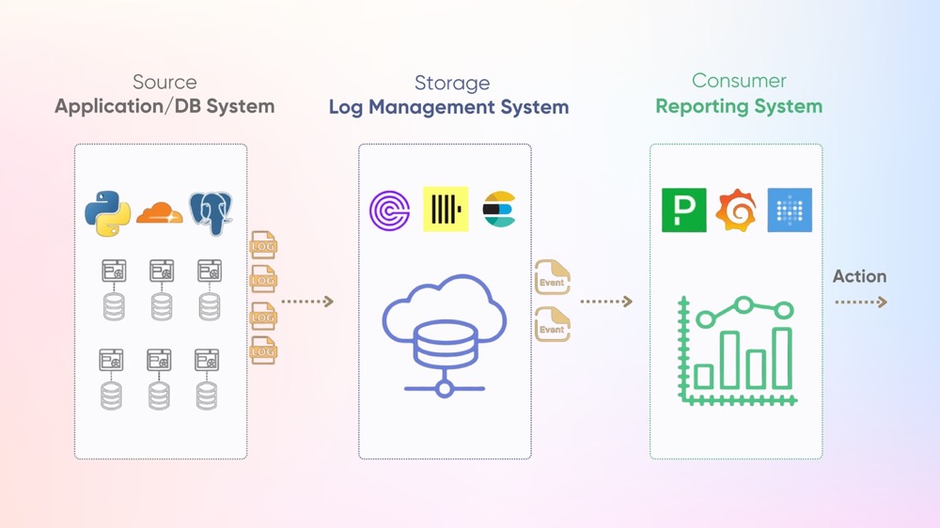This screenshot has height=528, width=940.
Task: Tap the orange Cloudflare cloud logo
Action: pyautogui.click(x=159, y=213)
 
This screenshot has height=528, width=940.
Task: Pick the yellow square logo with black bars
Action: pyautogui.click(x=445, y=210)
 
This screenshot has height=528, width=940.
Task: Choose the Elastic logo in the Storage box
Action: pyautogui.click(x=500, y=210)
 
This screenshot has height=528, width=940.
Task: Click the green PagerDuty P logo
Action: pyautogui.click(x=683, y=210)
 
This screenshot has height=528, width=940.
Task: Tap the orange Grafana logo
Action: pyautogui.click(x=737, y=210)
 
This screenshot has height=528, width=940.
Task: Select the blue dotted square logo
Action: pyautogui.click(x=790, y=210)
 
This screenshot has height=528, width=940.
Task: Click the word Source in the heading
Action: pyautogui.click(x=164, y=82)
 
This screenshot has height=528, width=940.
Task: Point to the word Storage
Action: pyautogui.click(x=452, y=84)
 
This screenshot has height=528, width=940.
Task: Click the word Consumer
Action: pyautogui.click(x=739, y=81)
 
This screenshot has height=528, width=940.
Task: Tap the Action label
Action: pyautogui.click(x=859, y=276)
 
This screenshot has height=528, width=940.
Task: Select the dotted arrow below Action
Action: pyautogui.click(x=860, y=303)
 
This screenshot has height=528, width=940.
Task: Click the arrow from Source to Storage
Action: pyautogui.click(x=307, y=302)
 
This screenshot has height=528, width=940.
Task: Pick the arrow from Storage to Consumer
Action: pyautogui.click(x=606, y=302)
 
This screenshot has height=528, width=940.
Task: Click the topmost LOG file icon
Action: pyautogui.click(x=263, y=245)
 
